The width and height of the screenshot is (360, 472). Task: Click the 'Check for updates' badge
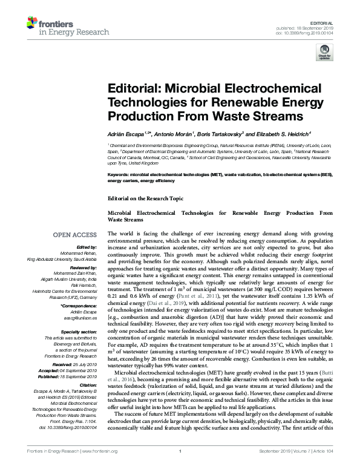coord(326,55)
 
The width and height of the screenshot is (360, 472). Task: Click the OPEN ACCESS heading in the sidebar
coord(75,234)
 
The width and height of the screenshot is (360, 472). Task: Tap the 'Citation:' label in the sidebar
coord(88,385)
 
